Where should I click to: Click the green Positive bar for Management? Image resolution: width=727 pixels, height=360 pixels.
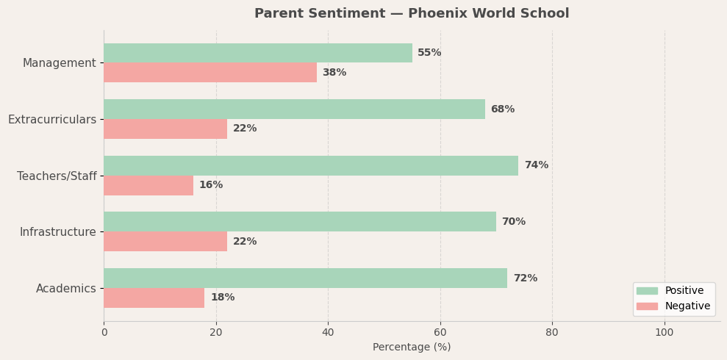pyautogui.click(x=257, y=53)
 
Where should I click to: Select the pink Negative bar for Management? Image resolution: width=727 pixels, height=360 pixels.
pyautogui.click(x=209, y=73)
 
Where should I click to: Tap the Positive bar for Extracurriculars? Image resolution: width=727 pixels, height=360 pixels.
pyautogui.click(x=294, y=109)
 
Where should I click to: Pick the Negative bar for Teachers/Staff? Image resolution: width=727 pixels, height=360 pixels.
pyautogui.click(x=148, y=185)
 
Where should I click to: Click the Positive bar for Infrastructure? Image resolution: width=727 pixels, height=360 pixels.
pyautogui.click(x=299, y=222)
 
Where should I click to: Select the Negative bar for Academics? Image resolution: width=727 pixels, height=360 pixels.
pyautogui.click(x=154, y=298)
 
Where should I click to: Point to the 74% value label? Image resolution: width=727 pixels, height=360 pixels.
pyautogui.click(x=536, y=165)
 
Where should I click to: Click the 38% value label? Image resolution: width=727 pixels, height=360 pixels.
pyautogui.click(x=334, y=73)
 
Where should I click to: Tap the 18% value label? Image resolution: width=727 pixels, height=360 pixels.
pyautogui.click(x=222, y=298)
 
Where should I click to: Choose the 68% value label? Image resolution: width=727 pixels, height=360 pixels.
pyautogui.click(x=502, y=109)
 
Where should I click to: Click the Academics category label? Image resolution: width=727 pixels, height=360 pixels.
pyautogui.click(x=65, y=289)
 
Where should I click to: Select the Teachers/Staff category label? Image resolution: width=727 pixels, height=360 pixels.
pyautogui.click(x=57, y=176)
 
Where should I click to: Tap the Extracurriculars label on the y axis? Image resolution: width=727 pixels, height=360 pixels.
pyautogui.click(x=52, y=120)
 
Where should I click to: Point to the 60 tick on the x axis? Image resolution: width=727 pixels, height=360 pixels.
pyautogui.click(x=440, y=332)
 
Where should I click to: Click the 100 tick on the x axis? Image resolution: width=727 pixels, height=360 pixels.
pyautogui.click(x=665, y=332)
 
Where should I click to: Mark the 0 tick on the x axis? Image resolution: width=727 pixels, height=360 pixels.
pyautogui.click(x=104, y=332)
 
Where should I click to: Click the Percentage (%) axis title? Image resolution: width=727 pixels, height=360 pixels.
pyautogui.click(x=412, y=348)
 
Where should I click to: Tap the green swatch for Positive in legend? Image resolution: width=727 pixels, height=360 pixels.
pyautogui.click(x=647, y=291)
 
